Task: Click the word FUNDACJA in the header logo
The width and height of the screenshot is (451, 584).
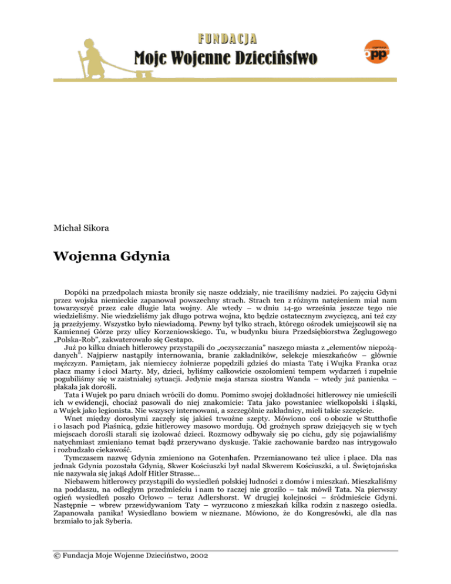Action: [226, 39]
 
